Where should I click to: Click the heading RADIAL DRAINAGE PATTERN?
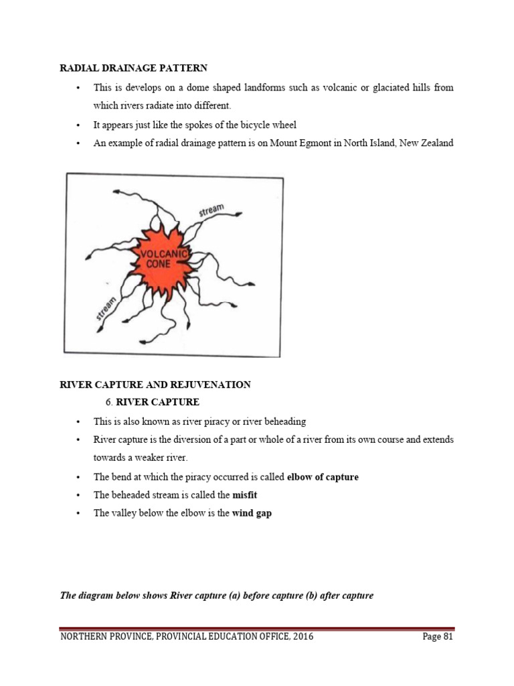click(134, 68)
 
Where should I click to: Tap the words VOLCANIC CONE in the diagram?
click(162, 259)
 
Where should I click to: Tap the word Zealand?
click(436, 143)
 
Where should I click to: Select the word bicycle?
click(241, 125)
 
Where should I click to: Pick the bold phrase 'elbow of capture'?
click(323, 477)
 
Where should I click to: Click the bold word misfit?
click(244, 495)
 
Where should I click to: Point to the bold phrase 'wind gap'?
click(252, 513)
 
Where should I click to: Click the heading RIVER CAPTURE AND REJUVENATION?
click(155, 385)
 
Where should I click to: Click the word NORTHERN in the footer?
click(84, 637)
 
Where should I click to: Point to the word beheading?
click(283, 421)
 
